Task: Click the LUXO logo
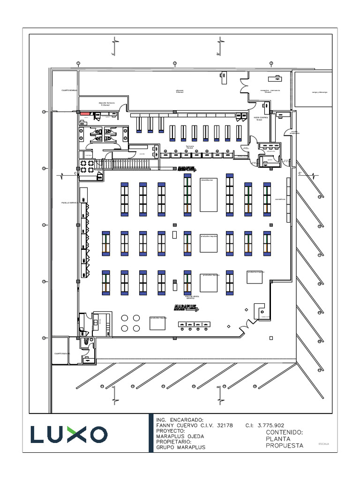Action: [69, 434]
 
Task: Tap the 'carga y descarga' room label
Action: [320, 92]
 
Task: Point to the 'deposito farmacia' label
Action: [106, 104]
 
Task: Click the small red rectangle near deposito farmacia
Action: [85, 113]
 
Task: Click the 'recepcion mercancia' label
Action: [270, 91]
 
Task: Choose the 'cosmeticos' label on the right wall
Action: [280, 198]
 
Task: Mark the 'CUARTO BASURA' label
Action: [62, 353]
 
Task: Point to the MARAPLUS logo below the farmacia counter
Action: [186, 169]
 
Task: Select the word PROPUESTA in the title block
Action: [285, 446]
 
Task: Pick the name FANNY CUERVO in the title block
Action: [178, 425]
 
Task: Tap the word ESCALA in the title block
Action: [323, 443]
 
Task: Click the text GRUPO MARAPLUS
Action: [180, 447]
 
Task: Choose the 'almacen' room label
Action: [180, 91]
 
